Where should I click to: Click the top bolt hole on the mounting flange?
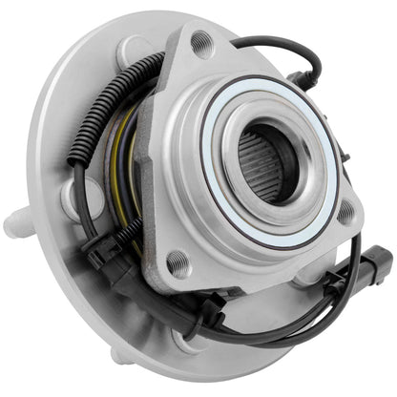pyautogui.click(x=200, y=43)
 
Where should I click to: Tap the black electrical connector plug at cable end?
pyautogui.click(x=379, y=261)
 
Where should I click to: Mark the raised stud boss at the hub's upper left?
pyautogui.click(x=134, y=52)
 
